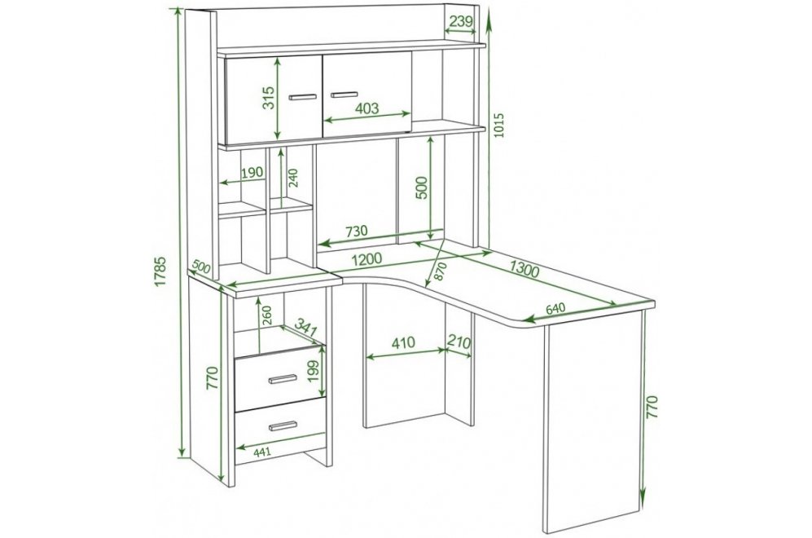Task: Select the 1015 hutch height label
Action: point(498,126)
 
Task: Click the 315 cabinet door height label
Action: point(268,98)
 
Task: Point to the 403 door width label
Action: point(367,108)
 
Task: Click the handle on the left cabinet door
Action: point(302,97)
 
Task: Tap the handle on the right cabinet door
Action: point(344,95)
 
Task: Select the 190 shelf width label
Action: point(252,172)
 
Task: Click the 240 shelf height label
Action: point(294,178)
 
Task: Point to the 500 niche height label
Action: point(422,187)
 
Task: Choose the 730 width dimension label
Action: point(356,232)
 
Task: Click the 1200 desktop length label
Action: point(366,258)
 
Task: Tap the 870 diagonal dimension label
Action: point(440,271)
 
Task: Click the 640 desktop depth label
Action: point(555,308)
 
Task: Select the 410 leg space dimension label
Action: point(403,342)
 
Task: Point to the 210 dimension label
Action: point(459,342)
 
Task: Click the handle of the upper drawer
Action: point(283,379)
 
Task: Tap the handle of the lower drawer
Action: point(283,426)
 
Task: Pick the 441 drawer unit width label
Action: point(262,452)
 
